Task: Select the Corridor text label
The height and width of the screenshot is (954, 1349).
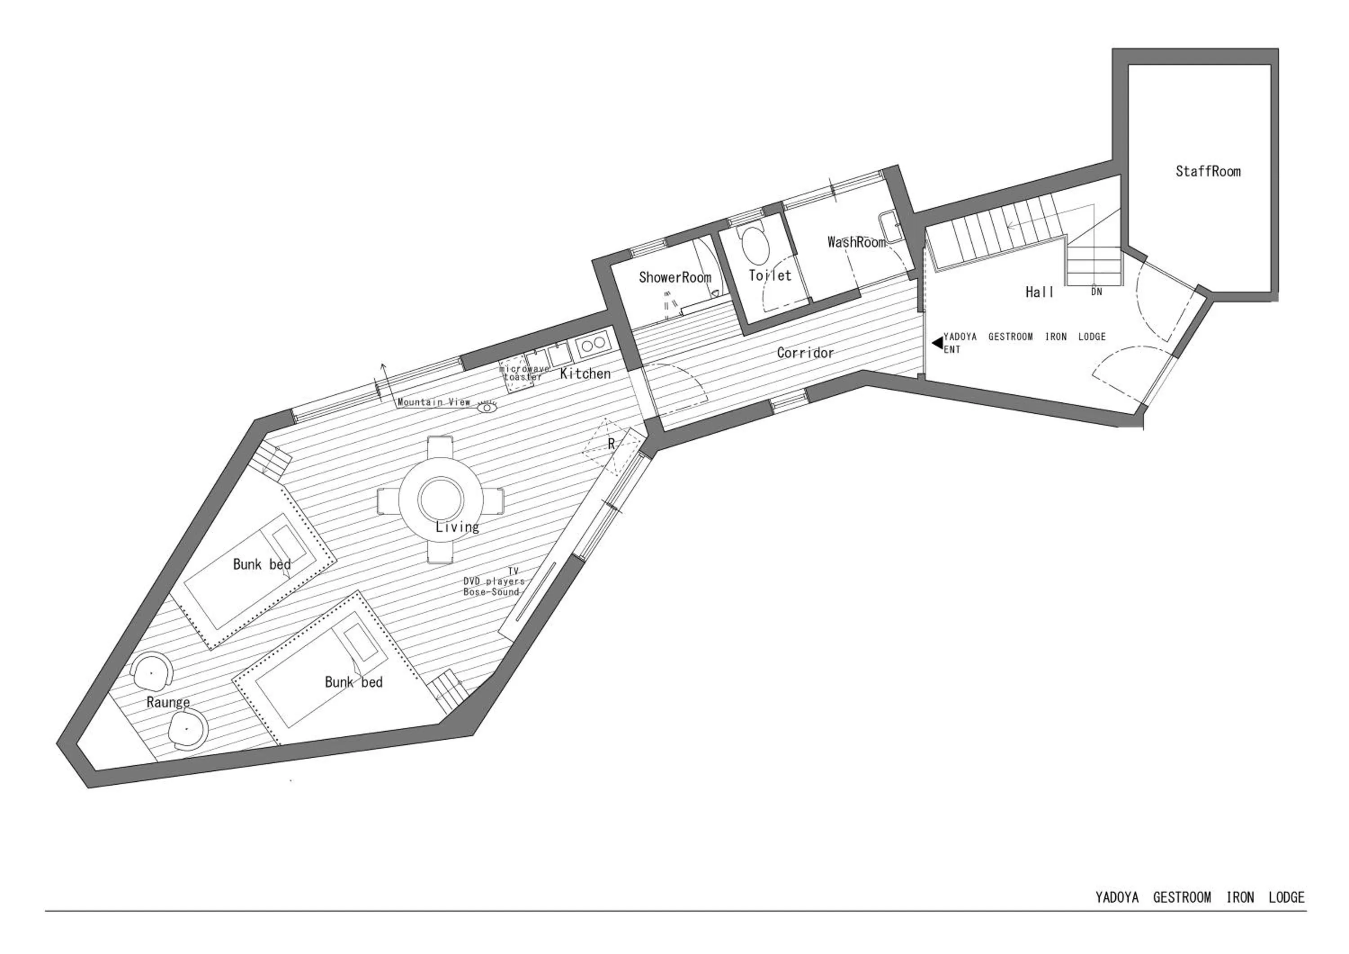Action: pyautogui.click(x=805, y=353)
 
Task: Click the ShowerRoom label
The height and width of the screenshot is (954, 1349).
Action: pyautogui.click(x=674, y=278)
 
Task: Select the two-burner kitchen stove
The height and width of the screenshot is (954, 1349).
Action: pyautogui.click(x=593, y=344)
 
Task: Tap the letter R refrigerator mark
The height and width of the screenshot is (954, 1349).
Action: pyautogui.click(x=611, y=445)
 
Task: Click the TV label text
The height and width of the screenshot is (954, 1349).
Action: pyautogui.click(x=513, y=571)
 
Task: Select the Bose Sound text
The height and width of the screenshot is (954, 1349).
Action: pyautogui.click(x=491, y=592)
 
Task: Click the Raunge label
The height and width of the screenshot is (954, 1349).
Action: pyautogui.click(x=168, y=702)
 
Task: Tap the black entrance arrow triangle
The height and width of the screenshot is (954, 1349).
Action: pyautogui.click(x=937, y=342)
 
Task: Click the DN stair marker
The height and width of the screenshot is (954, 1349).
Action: pyautogui.click(x=1096, y=292)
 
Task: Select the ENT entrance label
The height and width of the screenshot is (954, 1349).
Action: pyautogui.click(x=952, y=350)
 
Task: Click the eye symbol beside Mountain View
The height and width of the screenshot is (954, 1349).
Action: pyautogui.click(x=487, y=407)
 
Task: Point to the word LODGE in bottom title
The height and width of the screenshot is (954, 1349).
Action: pyautogui.click(x=1286, y=898)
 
